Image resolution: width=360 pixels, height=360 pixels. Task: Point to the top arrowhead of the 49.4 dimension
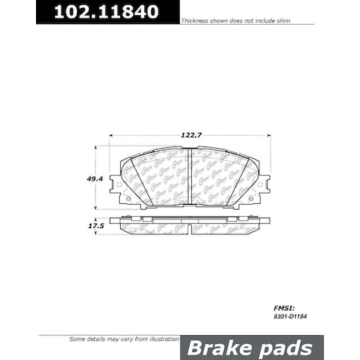[x=97, y=149]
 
